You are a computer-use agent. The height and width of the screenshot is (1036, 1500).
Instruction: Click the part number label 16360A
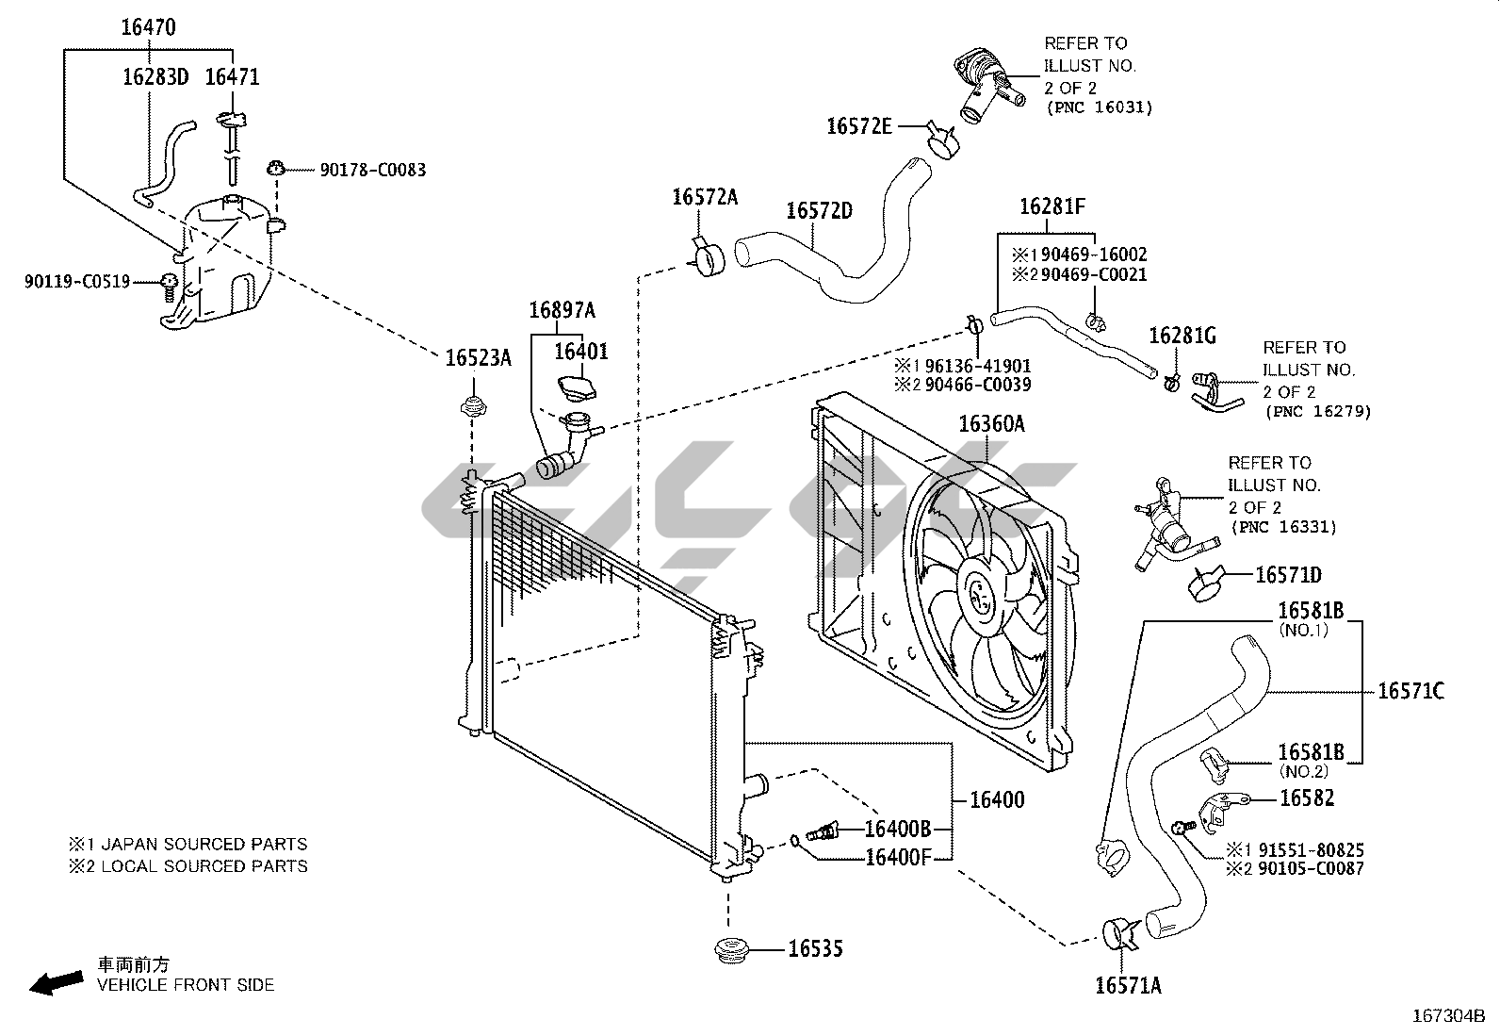click(x=991, y=424)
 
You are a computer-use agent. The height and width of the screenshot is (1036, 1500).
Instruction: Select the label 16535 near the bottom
click(x=815, y=948)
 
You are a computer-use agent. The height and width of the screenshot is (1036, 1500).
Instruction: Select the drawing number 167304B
click(x=1447, y=1016)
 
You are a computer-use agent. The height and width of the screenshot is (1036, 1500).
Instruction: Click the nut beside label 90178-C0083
click(x=276, y=170)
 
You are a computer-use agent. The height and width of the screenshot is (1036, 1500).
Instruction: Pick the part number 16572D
click(x=819, y=210)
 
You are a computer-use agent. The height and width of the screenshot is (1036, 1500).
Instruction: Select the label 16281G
click(x=1182, y=336)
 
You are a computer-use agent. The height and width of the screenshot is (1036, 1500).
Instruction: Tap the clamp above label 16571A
click(x=1118, y=931)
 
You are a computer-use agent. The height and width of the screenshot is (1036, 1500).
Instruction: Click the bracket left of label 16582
click(x=1222, y=806)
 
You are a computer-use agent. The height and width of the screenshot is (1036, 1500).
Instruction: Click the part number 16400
click(x=997, y=799)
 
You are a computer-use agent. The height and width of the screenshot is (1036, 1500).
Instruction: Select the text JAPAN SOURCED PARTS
click(x=204, y=844)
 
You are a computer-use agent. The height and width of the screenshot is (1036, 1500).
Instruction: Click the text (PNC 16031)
click(x=1099, y=108)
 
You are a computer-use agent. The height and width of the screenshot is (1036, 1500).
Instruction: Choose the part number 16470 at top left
click(x=148, y=27)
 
